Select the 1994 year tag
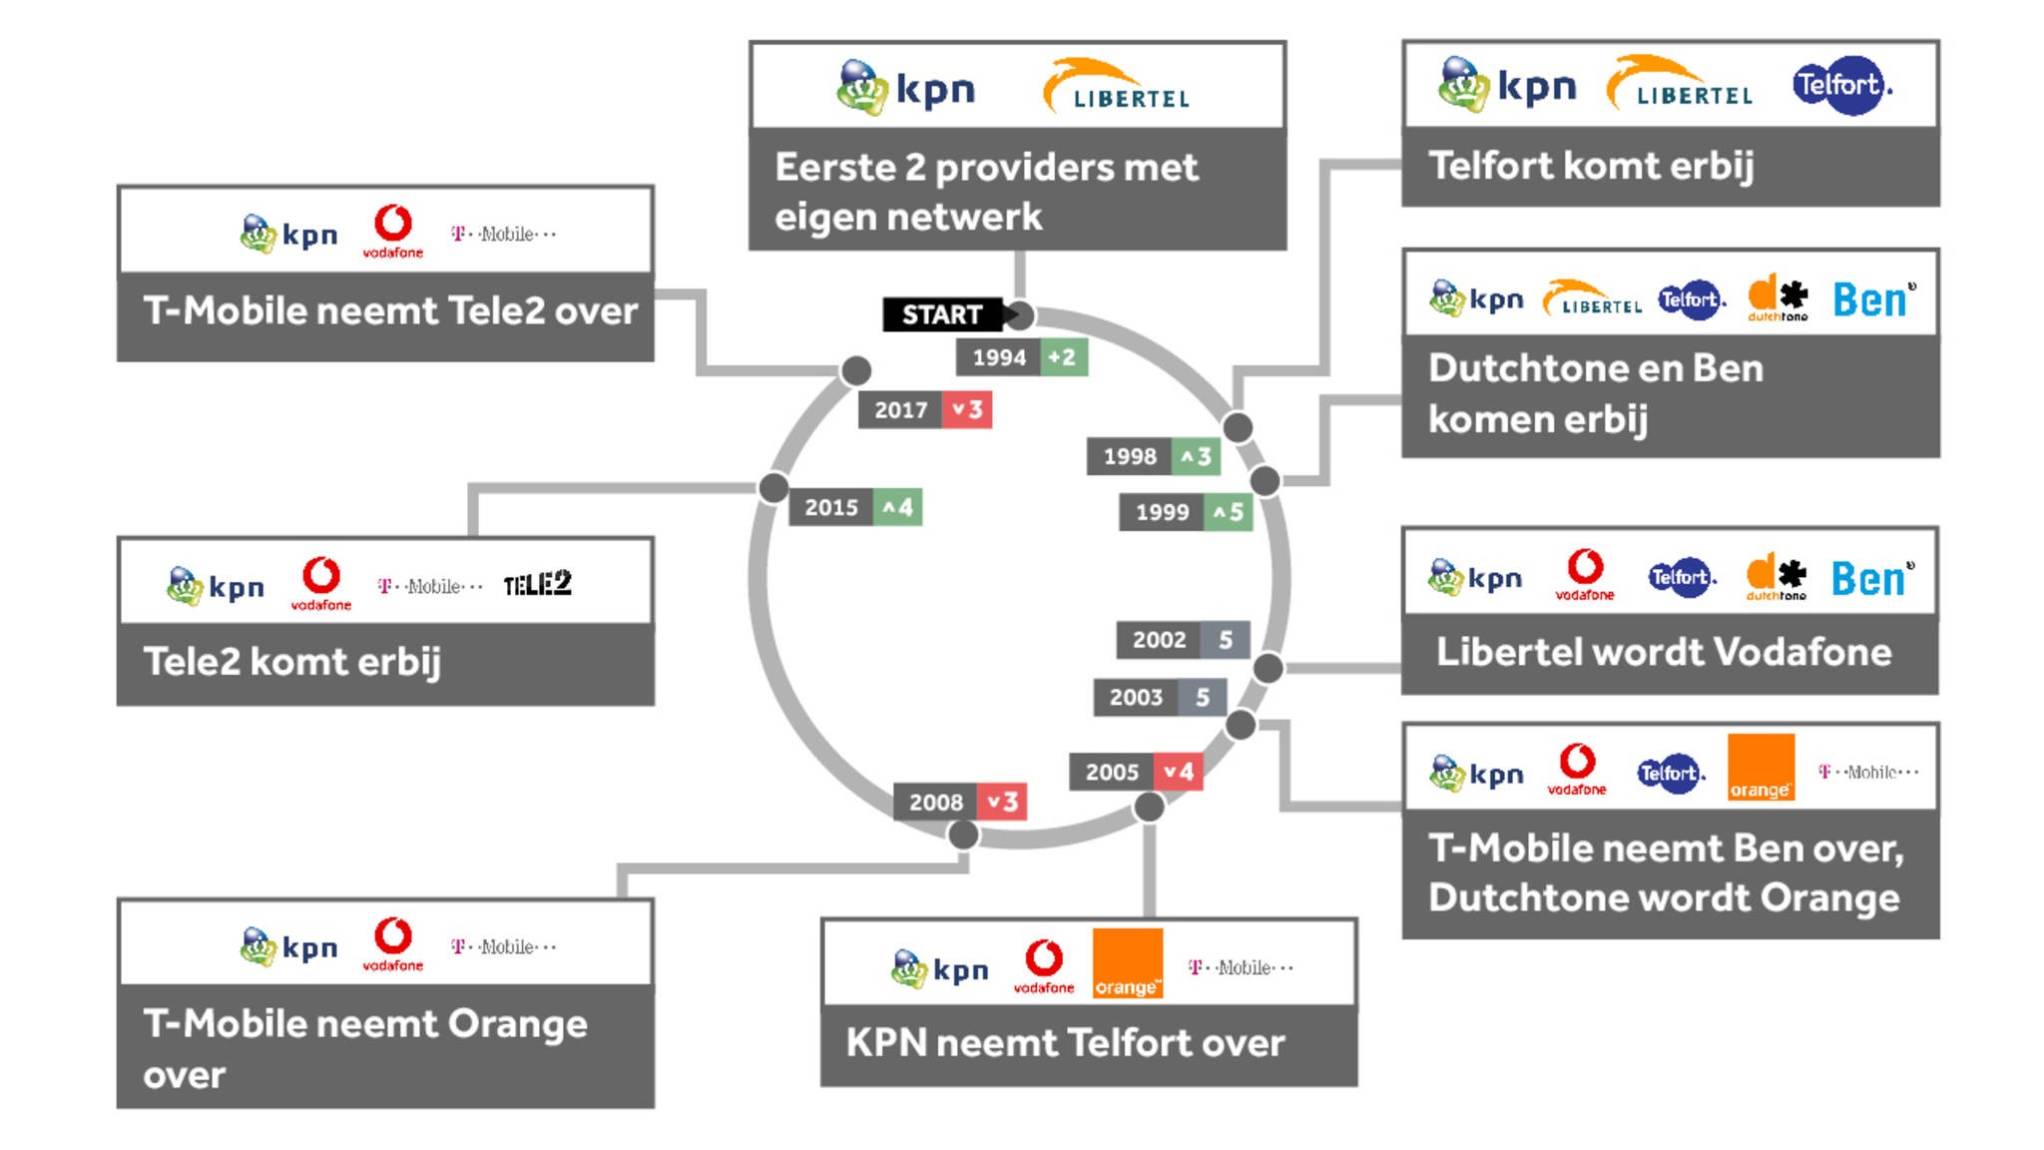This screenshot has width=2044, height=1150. (998, 357)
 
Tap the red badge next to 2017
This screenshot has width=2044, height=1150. (966, 409)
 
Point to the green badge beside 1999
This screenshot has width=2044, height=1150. (1227, 512)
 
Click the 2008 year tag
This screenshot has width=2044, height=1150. (935, 802)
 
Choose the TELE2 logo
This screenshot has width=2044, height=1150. (537, 584)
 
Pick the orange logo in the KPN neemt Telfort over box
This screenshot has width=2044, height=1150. (1128, 963)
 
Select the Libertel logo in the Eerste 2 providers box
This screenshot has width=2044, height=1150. (1116, 86)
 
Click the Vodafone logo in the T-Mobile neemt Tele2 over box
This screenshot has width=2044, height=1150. (392, 232)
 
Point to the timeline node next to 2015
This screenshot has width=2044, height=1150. (773, 488)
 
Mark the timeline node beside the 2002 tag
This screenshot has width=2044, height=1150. (1268, 668)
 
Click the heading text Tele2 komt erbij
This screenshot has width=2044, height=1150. (291, 662)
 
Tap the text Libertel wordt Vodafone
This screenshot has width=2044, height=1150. (1664, 652)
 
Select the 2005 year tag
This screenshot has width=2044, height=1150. (1112, 772)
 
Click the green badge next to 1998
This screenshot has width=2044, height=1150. (1195, 456)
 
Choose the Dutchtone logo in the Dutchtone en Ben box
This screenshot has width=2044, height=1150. (1778, 297)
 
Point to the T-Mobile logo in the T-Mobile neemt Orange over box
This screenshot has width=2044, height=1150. (503, 946)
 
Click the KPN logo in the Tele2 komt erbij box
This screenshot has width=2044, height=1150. (216, 586)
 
